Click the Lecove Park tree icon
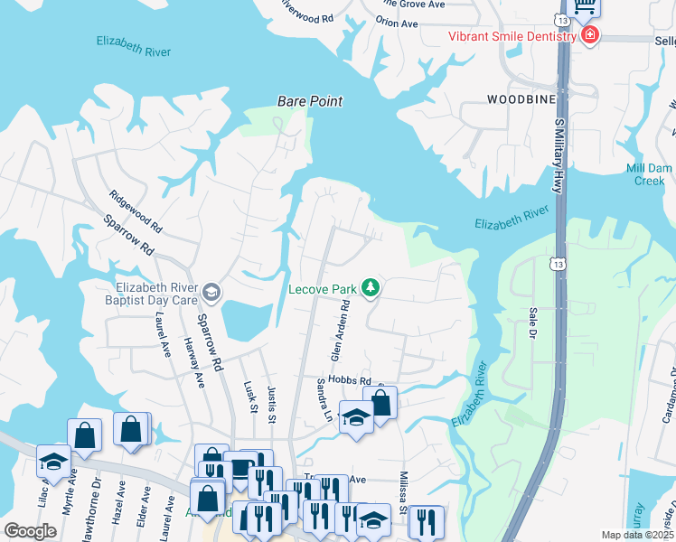click(x=370, y=288)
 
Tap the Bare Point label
click(x=310, y=102)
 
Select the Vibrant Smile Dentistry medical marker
click(x=590, y=36)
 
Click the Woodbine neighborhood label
click(x=521, y=98)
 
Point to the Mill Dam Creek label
click(x=648, y=174)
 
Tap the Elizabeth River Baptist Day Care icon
click(x=211, y=290)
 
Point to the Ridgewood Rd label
click(x=135, y=211)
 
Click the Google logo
click(x=30, y=531)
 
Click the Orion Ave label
click(x=397, y=22)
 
